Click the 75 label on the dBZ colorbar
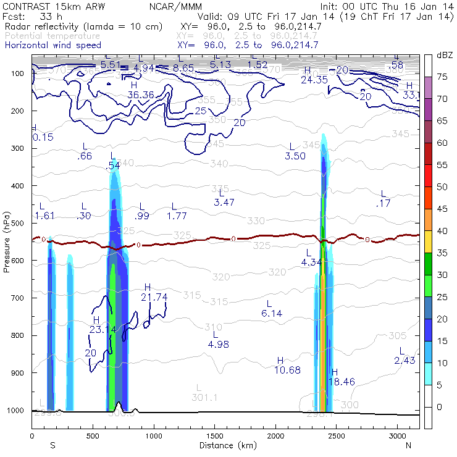click(x=443, y=77)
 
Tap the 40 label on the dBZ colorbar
click(x=443, y=231)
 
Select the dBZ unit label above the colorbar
click(x=443, y=55)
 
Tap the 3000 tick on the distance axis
click(x=397, y=437)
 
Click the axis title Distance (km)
click(x=225, y=445)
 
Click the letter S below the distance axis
click(x=53, y=445)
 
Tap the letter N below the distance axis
click(x=408, y=445)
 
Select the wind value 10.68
click(x=287, y=370)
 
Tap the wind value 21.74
click(x=154, y=297)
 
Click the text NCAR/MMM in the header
click(x=175, y=7)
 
